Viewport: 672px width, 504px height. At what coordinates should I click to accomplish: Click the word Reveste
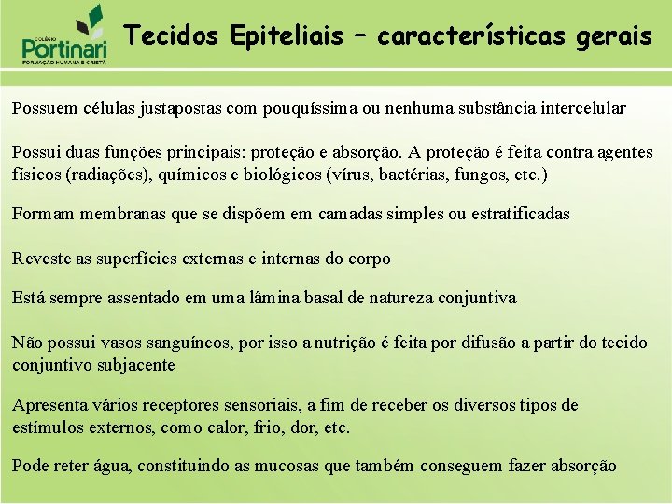point(39,259)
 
